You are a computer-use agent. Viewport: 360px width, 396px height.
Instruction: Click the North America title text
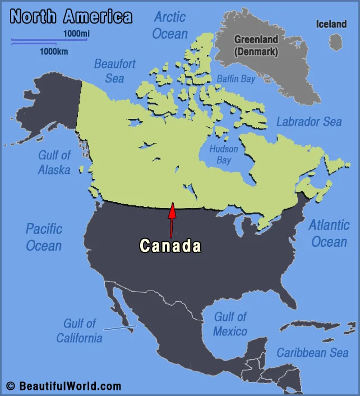click(71, 16)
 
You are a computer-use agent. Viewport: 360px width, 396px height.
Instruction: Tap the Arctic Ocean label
click(170, 25)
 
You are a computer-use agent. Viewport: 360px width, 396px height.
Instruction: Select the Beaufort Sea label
click(114, 70)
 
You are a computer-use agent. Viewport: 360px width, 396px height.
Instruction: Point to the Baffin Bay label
click(236, 79)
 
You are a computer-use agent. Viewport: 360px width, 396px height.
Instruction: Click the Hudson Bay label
click(224, 154)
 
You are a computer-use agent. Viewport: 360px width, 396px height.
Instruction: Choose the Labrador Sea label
click(309, 122)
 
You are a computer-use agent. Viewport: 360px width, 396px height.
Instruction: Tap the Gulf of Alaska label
click(54, 162)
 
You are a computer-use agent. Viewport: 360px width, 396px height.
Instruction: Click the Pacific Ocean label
click(44, 237)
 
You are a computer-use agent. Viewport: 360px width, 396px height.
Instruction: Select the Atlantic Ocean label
click(329, 233)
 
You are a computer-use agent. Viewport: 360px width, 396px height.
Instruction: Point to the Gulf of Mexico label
click(230, 324)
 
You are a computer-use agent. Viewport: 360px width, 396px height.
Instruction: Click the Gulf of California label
click(79, 330)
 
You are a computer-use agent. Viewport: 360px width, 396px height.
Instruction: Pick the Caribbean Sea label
click(312, 353)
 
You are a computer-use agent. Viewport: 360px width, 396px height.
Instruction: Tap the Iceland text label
click(331, 24)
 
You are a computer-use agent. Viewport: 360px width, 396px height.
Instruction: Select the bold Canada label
click(170, 246)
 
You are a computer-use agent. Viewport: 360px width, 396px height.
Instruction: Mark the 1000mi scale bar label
click(76, 34)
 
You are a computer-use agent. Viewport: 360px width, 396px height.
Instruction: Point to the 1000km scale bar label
click(54, 52)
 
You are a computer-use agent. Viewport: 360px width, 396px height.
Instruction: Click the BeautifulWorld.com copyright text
click(64, 386)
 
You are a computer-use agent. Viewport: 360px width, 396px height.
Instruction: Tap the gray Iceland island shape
click(335, 42)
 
